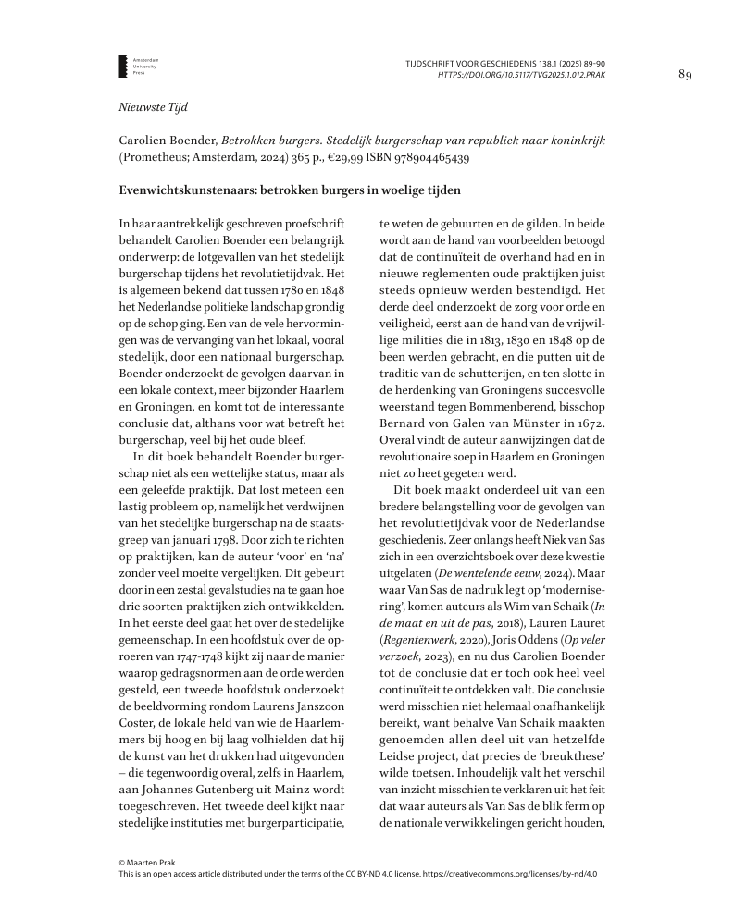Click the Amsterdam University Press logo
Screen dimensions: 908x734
125,66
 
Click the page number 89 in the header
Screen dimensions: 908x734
685,74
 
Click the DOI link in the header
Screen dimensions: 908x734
522,74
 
